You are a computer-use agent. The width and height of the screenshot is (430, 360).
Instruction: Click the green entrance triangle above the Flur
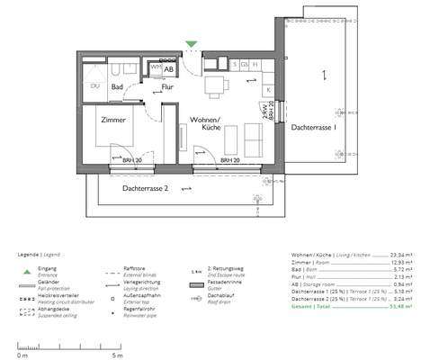191,43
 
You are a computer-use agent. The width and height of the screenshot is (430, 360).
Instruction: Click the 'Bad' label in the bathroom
117,87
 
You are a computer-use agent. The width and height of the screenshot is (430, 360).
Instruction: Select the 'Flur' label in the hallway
167,87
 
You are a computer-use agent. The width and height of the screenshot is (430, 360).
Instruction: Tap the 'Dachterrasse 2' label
146,188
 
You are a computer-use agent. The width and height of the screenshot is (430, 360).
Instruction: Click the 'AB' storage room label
168,68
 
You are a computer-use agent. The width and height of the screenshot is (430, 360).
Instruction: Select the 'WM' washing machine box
155,67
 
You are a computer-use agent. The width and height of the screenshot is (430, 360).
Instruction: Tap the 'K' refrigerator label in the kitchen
267,88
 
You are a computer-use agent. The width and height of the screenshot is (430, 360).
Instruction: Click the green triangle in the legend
28,271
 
